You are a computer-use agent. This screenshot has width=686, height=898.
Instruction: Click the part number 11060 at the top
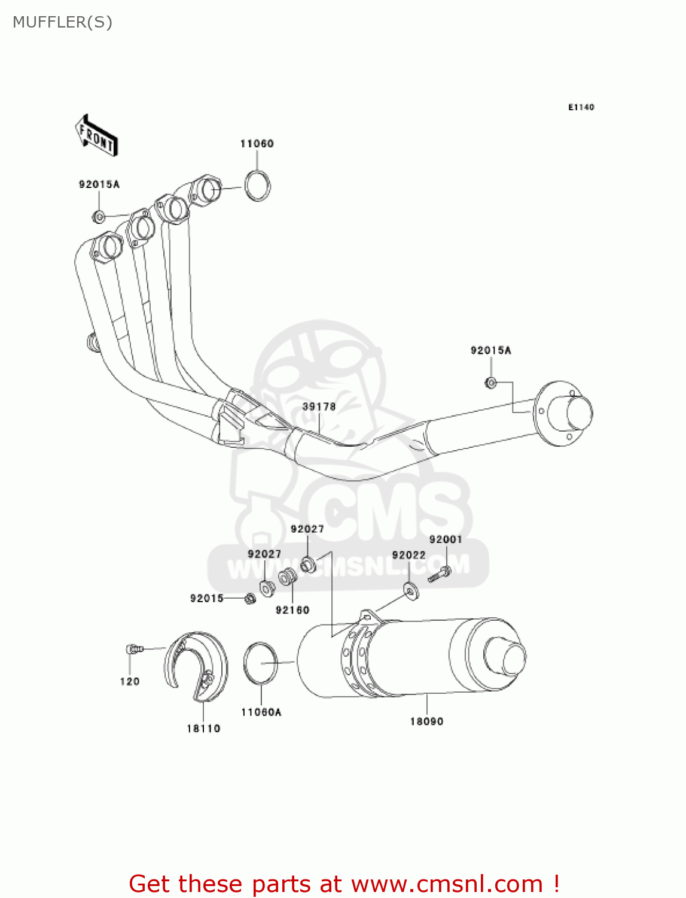click(x=257, y=144)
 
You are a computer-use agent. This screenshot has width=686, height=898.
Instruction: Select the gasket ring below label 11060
click(x=258, y=186)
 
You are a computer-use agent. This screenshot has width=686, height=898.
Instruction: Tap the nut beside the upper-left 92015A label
click(x=99, y=216)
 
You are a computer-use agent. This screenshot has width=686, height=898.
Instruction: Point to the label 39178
click(x=319, y=406)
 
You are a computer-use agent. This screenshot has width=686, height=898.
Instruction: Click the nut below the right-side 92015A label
click(x=490, y=382)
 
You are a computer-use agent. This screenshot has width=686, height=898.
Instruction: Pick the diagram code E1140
click(x=581, y=107)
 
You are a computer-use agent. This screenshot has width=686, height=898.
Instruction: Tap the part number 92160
click(x=292, y=610)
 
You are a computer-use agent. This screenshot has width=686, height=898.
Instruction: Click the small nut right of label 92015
click(x=250, y=598)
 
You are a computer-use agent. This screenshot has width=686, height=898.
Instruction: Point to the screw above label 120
click(x=134, y=648)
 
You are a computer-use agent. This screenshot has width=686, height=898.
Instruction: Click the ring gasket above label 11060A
click(x=261, y=663)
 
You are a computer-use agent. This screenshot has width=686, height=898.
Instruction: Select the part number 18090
click(x=426, y=721)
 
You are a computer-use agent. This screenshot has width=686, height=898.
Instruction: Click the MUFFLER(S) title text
click(x=62, y=22)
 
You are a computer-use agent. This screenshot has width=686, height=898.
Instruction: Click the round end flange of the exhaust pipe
click(x=562, y=413)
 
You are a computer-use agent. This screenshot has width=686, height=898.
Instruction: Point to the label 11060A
click(x=261, y=712)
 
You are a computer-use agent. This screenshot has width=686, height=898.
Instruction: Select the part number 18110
click(x=203, y=729)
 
